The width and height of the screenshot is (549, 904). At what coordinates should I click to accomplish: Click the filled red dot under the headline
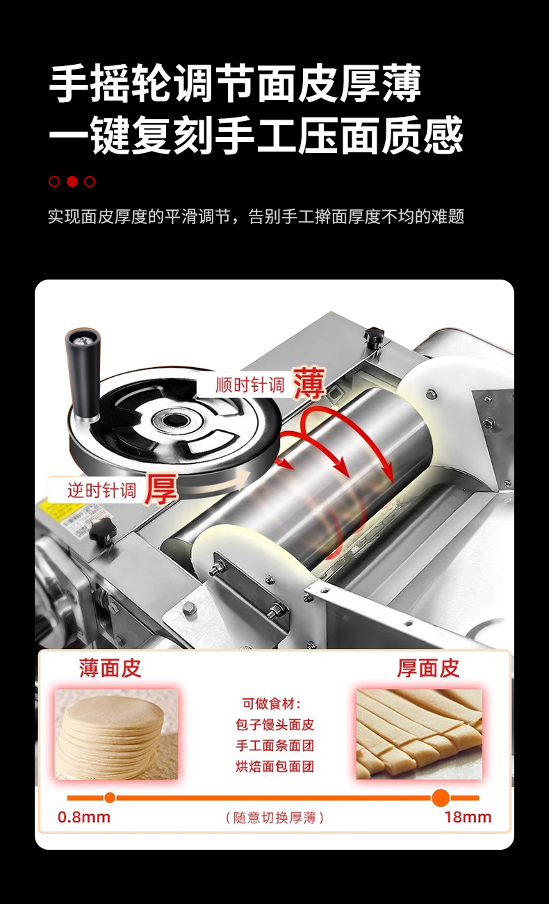(x=72, y=181)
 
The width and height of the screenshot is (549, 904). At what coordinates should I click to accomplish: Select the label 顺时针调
(x=250, y=385)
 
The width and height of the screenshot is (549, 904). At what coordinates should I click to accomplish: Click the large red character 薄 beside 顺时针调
(x=309, y=383)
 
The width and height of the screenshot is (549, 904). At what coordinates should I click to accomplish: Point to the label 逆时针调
(x=101, y=491)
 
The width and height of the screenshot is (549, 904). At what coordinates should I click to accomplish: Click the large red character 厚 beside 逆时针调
(x=161, y=490)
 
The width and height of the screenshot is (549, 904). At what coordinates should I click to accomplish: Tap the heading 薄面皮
(x=110, y=668)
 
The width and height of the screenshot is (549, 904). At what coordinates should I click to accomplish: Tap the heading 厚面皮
(x=428, y=668)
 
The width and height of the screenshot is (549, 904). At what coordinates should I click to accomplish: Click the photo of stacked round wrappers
(x=116, y=734)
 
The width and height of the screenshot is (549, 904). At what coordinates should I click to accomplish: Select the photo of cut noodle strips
(x=419, y=734)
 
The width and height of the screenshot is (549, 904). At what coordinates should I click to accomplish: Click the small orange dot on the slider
(x=110, y=798)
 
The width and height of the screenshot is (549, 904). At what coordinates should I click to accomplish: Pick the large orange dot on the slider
(x=441, y=798)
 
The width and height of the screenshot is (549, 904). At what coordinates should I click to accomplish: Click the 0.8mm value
(x=84, y=817)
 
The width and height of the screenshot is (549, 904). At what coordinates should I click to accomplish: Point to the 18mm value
(x=468, y=817)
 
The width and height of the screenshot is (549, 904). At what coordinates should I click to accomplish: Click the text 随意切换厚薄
(x=274, y=818)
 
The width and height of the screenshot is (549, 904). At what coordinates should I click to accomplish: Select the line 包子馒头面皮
(x=274, y=725)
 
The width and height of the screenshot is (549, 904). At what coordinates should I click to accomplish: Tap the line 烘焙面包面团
(x=274, y=766)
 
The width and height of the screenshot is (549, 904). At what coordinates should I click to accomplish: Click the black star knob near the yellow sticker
(x=102, y=531)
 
